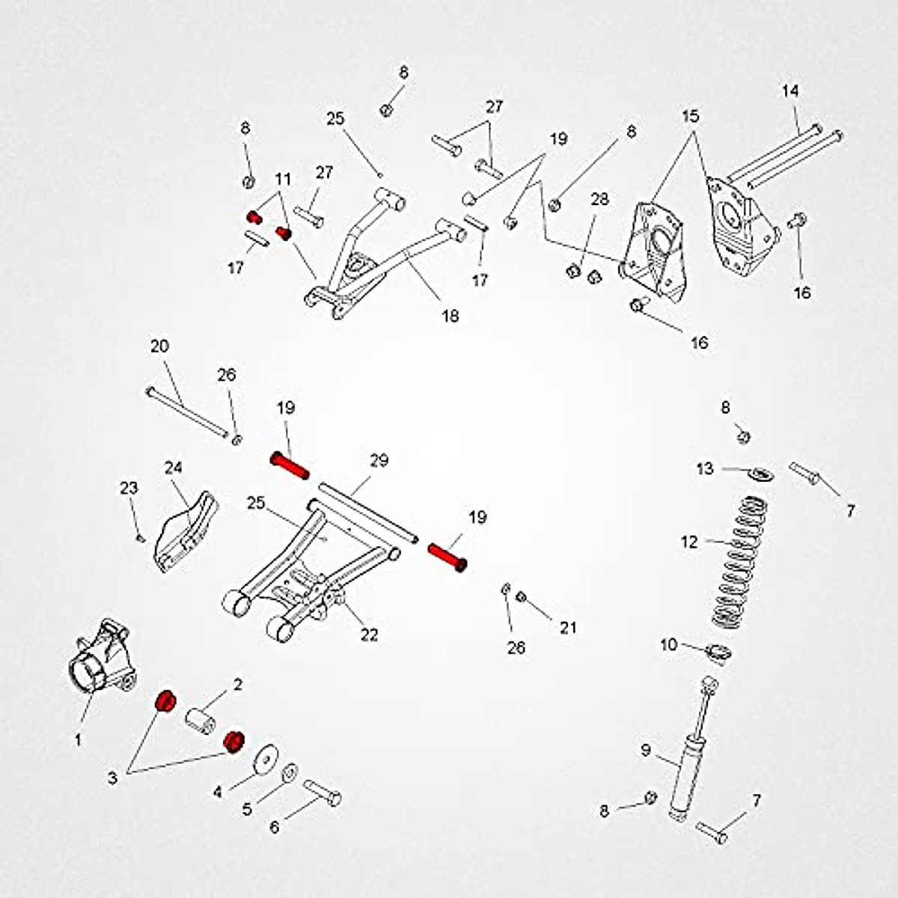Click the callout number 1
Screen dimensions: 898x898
(x=78, y=740)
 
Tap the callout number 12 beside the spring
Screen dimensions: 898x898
(x=689, y=541)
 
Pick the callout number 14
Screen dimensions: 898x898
(x=790, y=91)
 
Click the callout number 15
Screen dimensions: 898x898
(x=690, y=117)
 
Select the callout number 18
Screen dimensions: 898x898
(x=450, y=316)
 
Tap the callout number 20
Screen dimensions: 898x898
(x=159, y=346)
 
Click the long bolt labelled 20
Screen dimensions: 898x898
(x=187, y=411)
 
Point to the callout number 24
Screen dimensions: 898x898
(x=173, y=468)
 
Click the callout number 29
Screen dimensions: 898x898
(x=379, y=460)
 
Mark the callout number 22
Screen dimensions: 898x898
(x=369, y=635)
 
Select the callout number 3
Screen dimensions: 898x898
(x=112, y=778)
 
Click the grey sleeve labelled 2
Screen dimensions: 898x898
(x=200, y=721)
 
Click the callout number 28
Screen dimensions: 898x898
(x=599, y=199)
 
